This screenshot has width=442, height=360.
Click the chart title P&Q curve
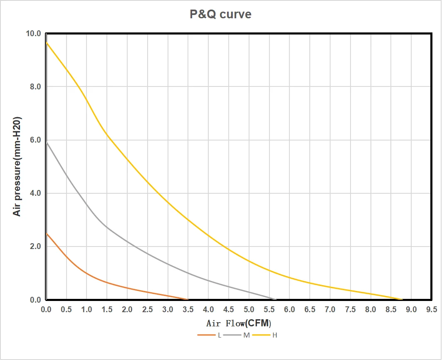pos(220,14)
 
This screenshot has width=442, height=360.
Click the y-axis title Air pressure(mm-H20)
pos(17,166)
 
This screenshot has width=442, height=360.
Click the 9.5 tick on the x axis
pos(432,310)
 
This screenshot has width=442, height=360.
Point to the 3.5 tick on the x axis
pos(188,310)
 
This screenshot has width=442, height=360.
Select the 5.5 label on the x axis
pos(269,310)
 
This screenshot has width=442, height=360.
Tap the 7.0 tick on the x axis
pos(330,310)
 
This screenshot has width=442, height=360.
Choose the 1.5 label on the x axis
pos(107,310)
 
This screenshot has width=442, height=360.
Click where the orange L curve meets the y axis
pos(46,233)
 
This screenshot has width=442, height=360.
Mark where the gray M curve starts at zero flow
pos(46,143)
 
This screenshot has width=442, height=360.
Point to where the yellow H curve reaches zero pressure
pos(402,299)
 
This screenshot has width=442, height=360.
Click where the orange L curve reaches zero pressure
pos(188,299)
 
